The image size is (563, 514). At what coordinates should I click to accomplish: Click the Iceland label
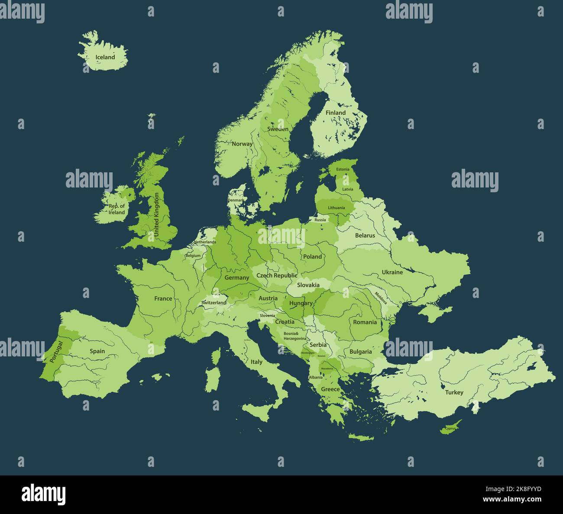coord(105,57)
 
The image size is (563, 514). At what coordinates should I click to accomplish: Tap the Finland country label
coord(336,113)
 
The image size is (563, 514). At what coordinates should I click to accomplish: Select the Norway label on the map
coord(242,144)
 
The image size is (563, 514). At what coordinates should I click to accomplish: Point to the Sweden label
coord(278,129)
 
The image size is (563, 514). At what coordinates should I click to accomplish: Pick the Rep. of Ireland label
coord(116,209)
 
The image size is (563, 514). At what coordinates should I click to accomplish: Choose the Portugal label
coord(56,351)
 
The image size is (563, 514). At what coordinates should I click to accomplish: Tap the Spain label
coord(97,351)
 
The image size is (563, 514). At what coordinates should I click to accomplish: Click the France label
coord(163,298)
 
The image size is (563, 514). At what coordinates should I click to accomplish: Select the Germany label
coord(236,278)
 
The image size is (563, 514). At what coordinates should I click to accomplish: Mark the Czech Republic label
coord(277,275)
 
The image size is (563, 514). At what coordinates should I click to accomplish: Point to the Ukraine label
coord(392,272)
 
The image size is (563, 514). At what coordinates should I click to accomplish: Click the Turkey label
coord(454,392)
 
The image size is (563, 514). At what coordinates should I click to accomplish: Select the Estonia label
coord(343,169)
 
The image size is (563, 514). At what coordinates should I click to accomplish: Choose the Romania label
coord(365,322)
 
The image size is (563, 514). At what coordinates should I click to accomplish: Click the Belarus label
coord(365,236)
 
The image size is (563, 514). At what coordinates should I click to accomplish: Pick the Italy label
coord(256,362)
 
